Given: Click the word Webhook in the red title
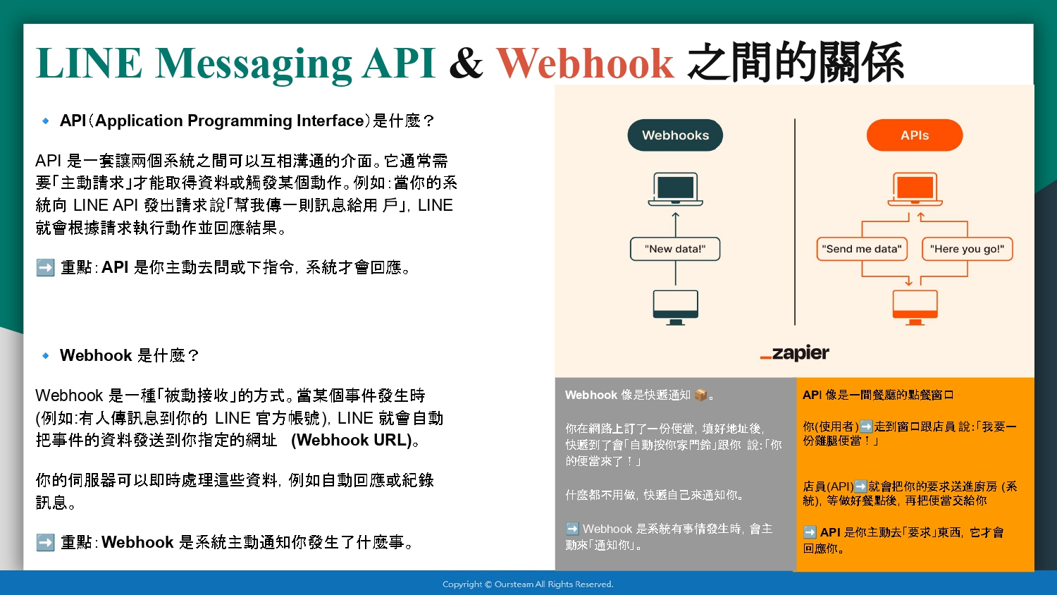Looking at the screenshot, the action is click(585, 63).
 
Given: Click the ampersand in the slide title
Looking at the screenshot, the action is click(466, 63).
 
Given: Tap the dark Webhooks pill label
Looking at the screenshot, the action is click(675, 135).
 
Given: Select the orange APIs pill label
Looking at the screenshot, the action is click(915, 135).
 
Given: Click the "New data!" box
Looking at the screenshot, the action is click(675, 249).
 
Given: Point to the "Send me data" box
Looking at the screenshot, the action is click(862, 249).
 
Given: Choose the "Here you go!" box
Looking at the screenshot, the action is click(967, 249).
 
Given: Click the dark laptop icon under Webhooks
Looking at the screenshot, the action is click(675, 189).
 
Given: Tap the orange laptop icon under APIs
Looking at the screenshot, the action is click(915, 189).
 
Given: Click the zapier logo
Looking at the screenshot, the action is click(795, 352).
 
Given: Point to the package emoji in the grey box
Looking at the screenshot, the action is click(701, 395).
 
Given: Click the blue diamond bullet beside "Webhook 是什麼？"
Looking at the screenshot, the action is click(45, 355).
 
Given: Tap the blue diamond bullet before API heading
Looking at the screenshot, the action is click(45, 121).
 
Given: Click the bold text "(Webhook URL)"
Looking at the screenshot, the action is click(352, 440).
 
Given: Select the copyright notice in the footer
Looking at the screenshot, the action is click(528, 584).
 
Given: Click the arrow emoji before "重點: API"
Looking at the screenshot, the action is click(45, 268).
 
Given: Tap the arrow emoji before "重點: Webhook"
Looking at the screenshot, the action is click(45, 542).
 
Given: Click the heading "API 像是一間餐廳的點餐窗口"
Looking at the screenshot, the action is click(878, 395).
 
